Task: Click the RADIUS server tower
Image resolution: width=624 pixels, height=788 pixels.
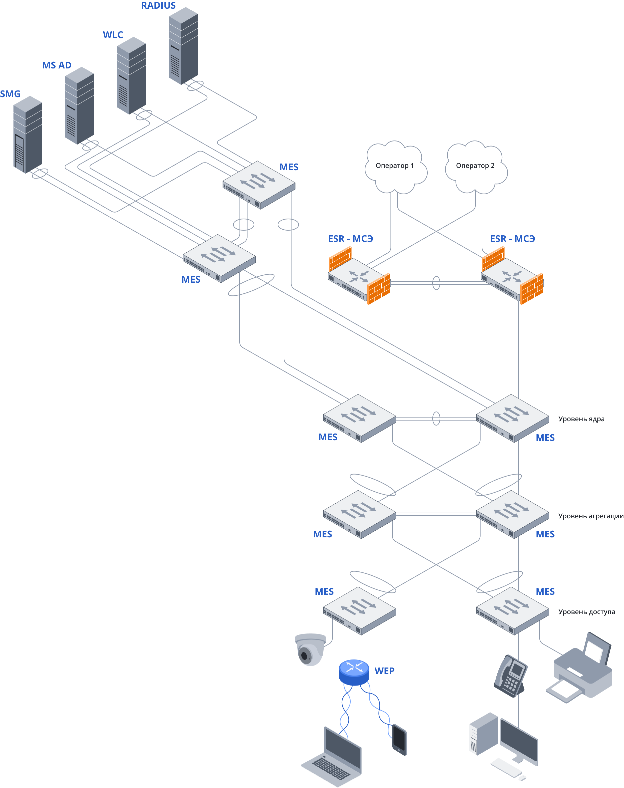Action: coord(183,46)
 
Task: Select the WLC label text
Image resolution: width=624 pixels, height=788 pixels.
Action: coord(113,35)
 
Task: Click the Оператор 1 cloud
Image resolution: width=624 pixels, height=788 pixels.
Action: coord(395,166)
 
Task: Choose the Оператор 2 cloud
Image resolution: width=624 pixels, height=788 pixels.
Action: coord(476,166)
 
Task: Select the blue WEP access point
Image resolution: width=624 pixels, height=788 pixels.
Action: coord(354,672)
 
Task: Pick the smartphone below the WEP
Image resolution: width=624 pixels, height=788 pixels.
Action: coord(399,739)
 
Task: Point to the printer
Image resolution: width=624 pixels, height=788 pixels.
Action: coord(581,669)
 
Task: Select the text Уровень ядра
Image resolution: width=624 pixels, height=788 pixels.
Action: coord(581,419)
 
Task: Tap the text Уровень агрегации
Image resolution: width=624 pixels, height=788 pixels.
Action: coord(590,516)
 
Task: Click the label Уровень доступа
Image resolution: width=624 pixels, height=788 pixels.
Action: coord(586,611)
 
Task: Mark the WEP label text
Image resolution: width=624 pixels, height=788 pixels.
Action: coord(384,671)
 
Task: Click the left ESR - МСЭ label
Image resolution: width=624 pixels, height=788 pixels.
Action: coord(350,239)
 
